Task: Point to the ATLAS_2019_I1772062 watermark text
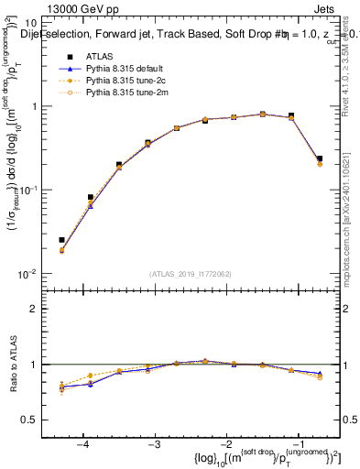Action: click(189, 274)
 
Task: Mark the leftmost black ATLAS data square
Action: click(61, 240)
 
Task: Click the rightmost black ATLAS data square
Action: click(319, 158)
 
